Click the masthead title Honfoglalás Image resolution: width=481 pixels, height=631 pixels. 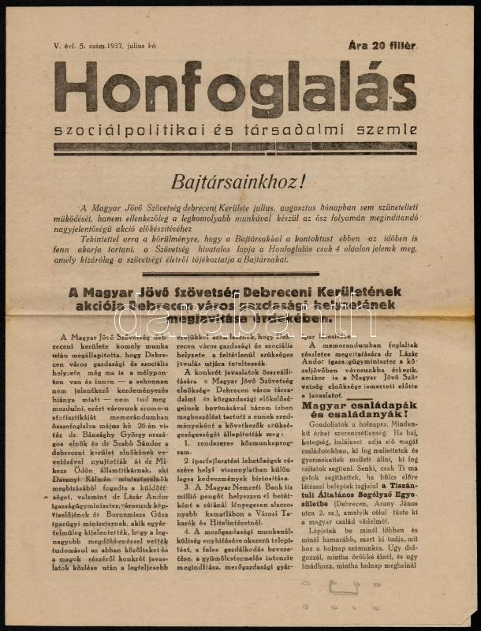[234, 89]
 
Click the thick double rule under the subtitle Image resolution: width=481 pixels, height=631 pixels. [234, 147]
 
